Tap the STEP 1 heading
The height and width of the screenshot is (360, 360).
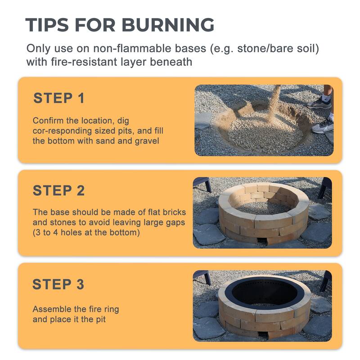click(59, 98)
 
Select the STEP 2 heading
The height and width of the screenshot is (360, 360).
click(58, 191)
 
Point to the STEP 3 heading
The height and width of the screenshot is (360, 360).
click(58, 284)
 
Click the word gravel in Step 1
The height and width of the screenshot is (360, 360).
click(148, 141)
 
